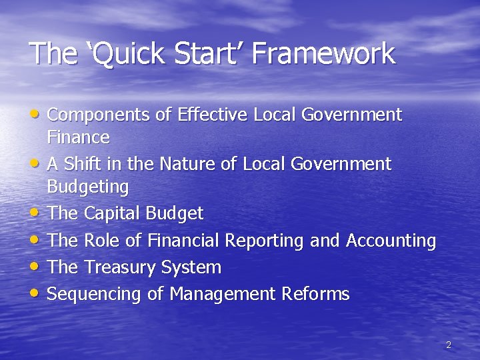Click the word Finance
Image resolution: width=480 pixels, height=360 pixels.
(x=79, y=138)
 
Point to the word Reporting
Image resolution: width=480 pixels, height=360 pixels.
(x=265, y=241)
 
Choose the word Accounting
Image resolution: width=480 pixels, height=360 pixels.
(x=391, y=241)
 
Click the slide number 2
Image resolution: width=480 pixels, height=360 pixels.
(x=448, y=345)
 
